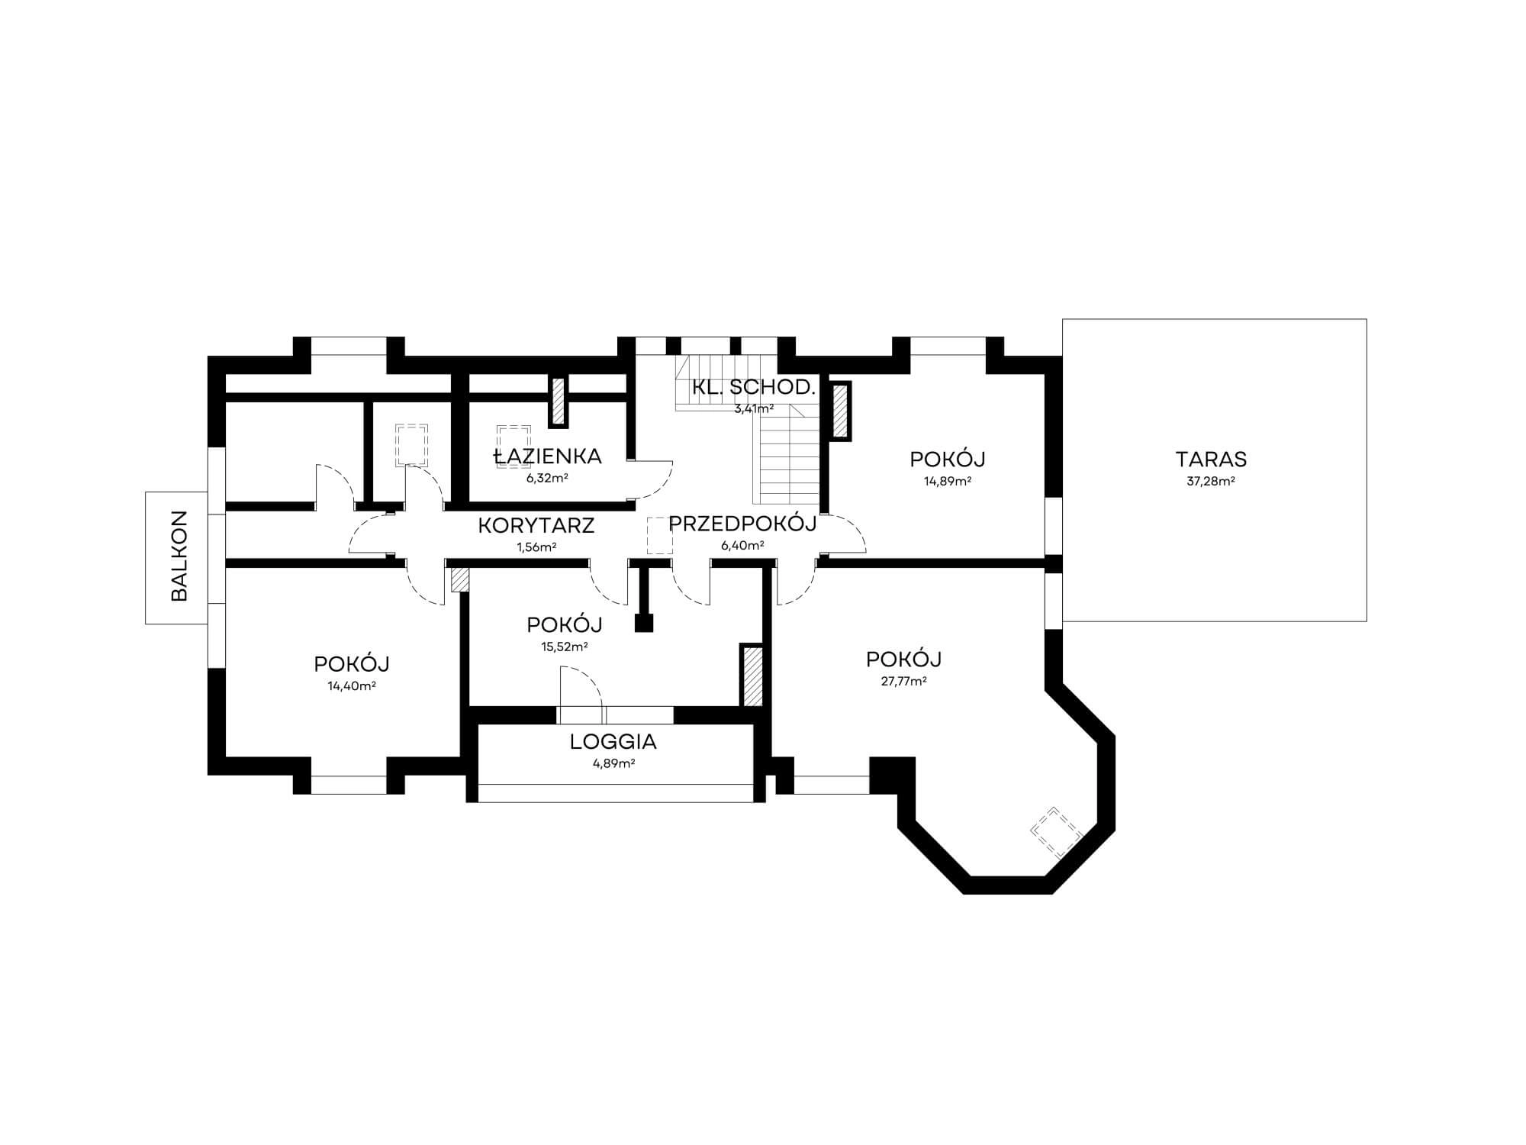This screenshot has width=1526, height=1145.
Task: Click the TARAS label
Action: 1211,460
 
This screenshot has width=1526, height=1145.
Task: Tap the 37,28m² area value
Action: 1211,482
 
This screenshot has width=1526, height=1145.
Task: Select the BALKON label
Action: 180,556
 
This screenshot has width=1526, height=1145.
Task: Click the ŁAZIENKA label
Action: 548,456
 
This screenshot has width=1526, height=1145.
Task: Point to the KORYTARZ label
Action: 536,525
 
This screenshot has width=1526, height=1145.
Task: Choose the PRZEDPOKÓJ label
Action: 742,524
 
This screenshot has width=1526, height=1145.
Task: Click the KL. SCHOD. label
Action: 754,387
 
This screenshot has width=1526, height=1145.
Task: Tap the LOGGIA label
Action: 613,741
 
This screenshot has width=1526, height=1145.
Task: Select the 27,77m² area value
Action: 904,682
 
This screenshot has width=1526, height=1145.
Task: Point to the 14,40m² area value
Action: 352,686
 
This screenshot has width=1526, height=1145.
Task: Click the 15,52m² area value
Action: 565,647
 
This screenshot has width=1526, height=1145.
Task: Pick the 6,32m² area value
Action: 548,479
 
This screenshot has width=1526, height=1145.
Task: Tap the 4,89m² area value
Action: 613,763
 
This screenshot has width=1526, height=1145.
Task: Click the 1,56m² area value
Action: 536,547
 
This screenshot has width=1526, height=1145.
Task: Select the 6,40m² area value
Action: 742,546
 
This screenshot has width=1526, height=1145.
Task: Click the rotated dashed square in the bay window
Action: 1057,832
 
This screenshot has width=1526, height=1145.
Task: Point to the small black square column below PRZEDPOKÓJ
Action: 645,623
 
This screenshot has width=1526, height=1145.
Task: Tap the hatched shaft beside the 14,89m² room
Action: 840,411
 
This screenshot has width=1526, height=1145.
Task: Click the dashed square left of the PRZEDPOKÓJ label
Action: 659,535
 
